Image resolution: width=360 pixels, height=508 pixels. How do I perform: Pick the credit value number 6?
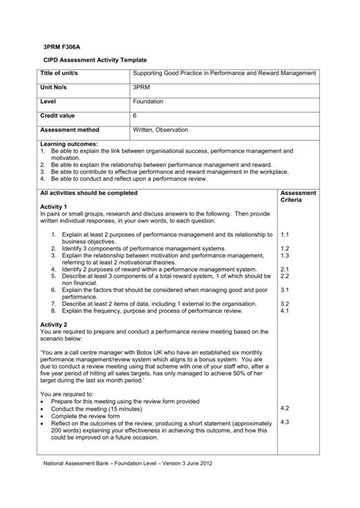tap(135, 115)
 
